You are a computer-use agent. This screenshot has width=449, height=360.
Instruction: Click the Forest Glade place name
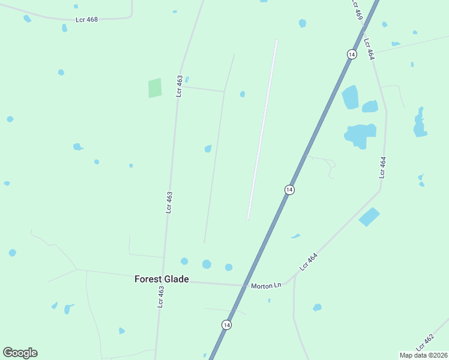[x=161, y=279]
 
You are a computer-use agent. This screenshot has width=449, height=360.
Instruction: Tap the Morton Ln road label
[x=266, y=286]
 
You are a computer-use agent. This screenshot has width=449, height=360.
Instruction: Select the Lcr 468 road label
[x=86, y=20]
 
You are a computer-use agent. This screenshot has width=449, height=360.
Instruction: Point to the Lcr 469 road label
[x=358, y=11]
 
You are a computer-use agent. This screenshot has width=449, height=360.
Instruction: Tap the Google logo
[x=20, y=353]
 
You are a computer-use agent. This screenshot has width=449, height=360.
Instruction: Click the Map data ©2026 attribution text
[x=423, y=355]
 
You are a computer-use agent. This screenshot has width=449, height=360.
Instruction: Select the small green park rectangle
[x=155, y=88]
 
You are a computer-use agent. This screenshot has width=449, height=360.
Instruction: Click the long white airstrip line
[x=262, y=129]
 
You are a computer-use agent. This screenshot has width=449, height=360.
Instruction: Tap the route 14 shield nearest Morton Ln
[x=226, y=325]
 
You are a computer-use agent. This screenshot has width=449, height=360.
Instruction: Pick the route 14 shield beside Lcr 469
[x=352, y=54]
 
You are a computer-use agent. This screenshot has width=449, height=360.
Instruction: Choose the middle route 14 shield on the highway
[x=289, y=190]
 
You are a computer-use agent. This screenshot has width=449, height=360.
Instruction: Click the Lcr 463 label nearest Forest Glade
[x=160, y=296]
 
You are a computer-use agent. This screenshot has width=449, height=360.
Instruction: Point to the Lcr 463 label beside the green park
[x=179, y=86]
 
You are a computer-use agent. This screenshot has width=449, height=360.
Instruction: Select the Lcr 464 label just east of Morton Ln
[x=308, y=262]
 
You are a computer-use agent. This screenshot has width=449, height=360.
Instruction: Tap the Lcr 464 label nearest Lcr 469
[x=369, y=49]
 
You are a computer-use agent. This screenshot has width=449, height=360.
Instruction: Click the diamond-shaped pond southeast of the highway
[x=369, y=217]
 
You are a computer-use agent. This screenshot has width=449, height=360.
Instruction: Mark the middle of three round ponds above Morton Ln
[x=206, y=264]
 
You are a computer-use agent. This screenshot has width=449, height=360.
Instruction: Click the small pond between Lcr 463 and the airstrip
[x=208, y=149]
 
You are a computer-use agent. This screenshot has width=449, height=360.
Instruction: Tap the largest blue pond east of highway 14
[x=359, y=135]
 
